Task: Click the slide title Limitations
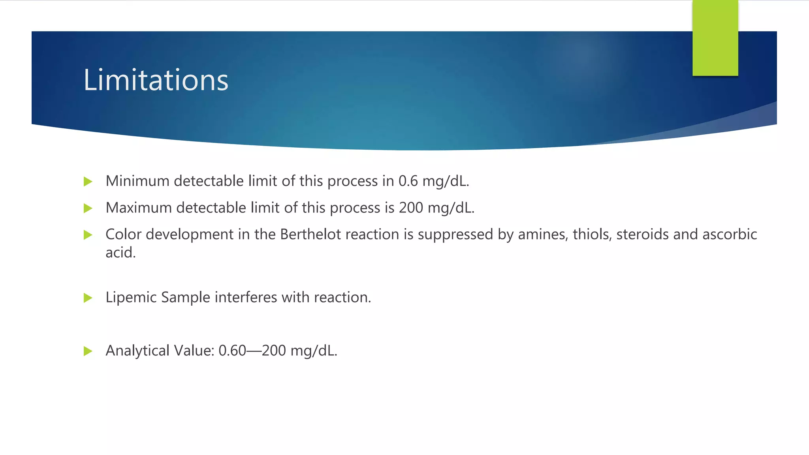coord(156,80)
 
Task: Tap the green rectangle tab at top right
coord(715,38)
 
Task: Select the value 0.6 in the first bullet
coord(408,181)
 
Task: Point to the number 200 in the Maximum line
coord(411,208)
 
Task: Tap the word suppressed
coord(455,235)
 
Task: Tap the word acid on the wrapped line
coord(120,253)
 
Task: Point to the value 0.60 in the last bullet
coord(232,351)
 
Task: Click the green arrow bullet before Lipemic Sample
coord(88,298)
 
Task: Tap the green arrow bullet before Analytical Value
coord(88,351)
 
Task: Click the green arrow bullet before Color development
coord(88,235)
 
